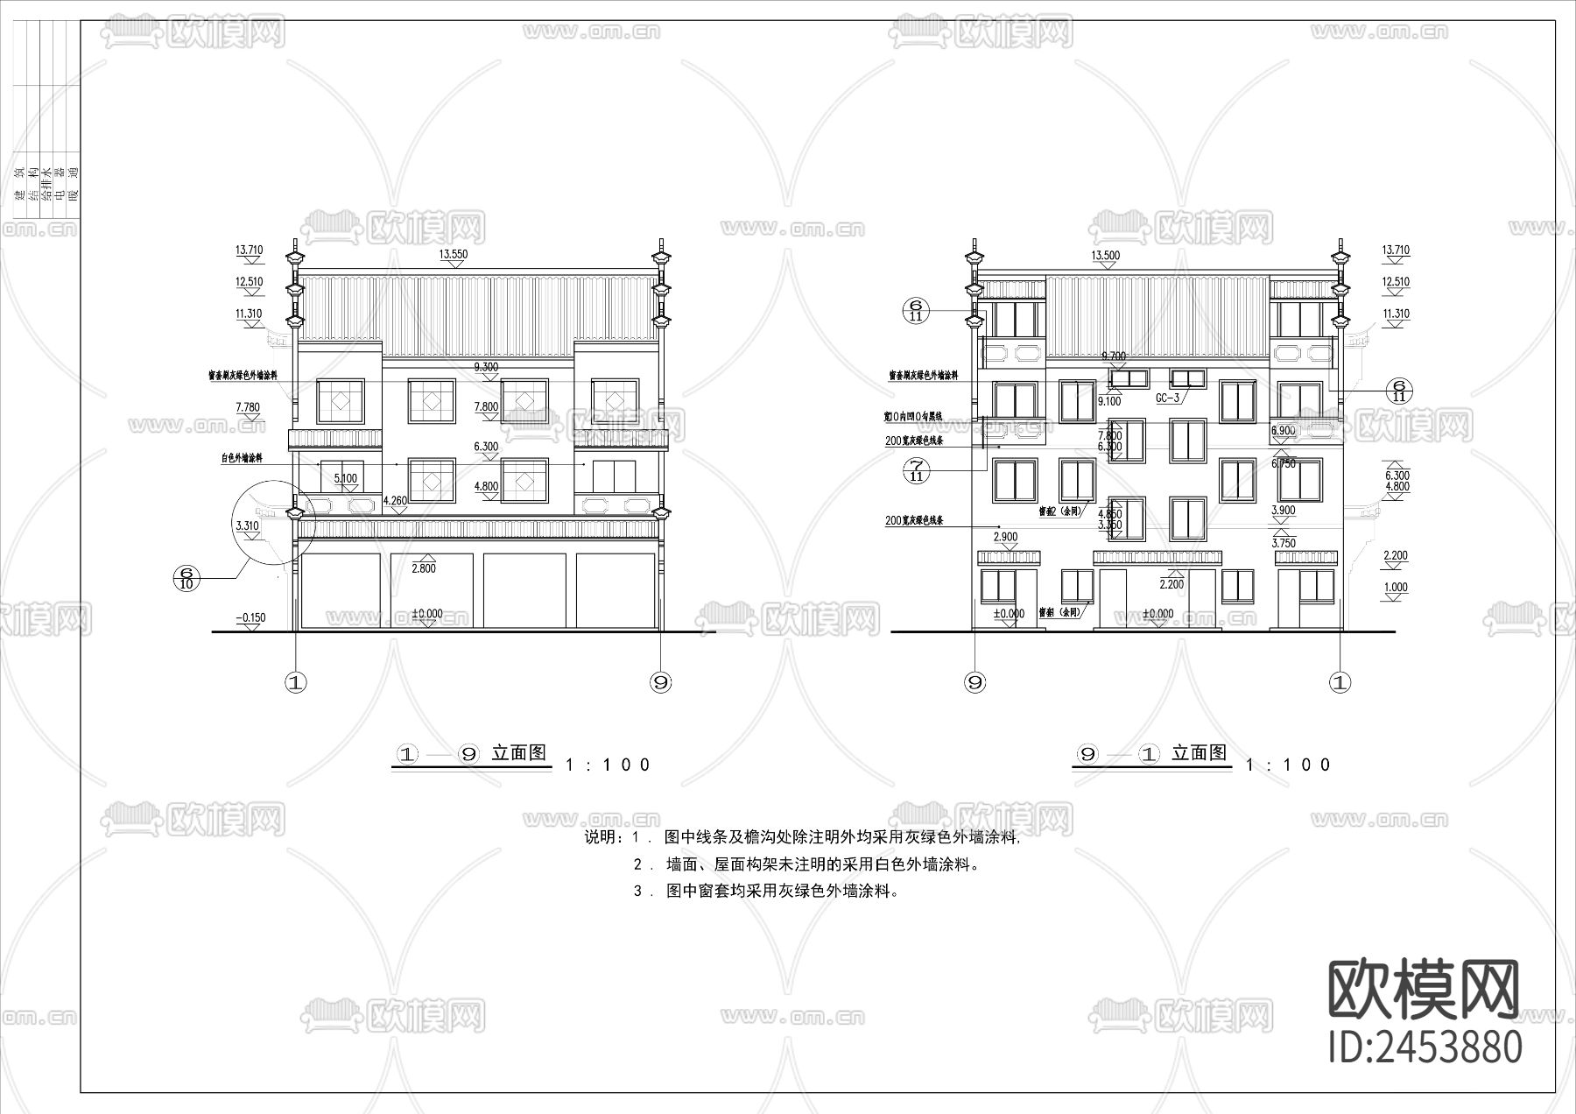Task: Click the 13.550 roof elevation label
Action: (453, 255)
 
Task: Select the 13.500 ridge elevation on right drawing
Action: (1104, 255)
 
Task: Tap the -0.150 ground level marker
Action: (250, 617)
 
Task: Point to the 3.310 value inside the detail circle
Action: (248, 525)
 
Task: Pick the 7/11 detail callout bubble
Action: (917, 470)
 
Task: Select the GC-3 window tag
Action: (1167, 398)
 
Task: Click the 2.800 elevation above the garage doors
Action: (424, 568)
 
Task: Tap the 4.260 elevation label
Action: (396, 501)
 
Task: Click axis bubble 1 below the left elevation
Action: (297, 682)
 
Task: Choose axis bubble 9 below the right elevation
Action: (974, 682)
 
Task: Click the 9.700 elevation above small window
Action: (1113, 356)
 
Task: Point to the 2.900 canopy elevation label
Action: (1005, 536)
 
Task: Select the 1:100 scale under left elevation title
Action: (609, 765)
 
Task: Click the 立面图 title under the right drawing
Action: (1199, 752)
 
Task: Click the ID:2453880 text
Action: (1425, 1047)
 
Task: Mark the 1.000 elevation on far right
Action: (1396, 588)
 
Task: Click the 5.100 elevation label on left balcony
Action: (346, 479)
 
